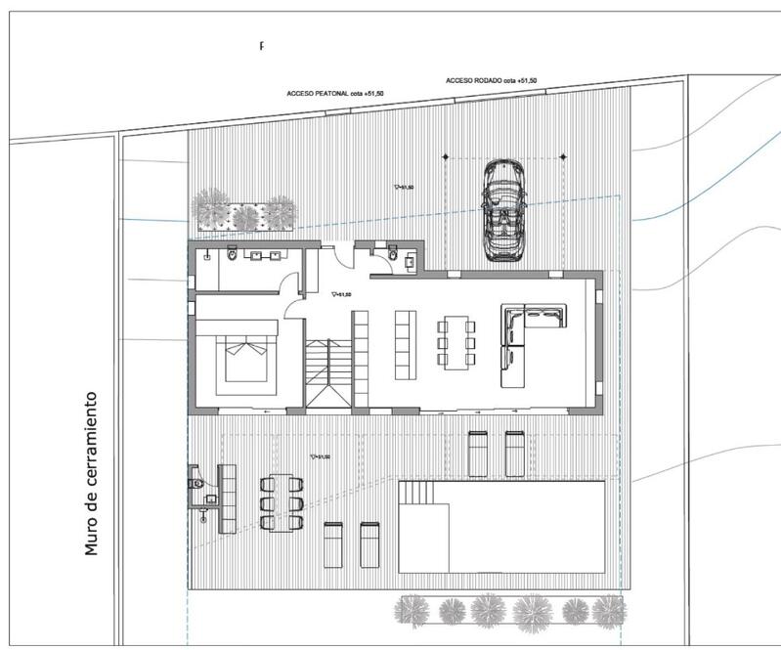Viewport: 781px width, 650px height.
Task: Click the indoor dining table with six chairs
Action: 456,343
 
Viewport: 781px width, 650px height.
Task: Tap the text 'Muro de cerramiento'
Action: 92,473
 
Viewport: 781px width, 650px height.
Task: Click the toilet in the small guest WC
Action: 392,256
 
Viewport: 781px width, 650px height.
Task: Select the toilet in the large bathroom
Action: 231,256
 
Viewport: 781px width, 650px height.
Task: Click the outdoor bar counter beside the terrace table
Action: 227,498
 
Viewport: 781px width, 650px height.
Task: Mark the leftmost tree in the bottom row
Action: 411,612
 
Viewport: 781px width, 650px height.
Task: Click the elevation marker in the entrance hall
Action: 340,292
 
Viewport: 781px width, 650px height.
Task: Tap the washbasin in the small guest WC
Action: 410,259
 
